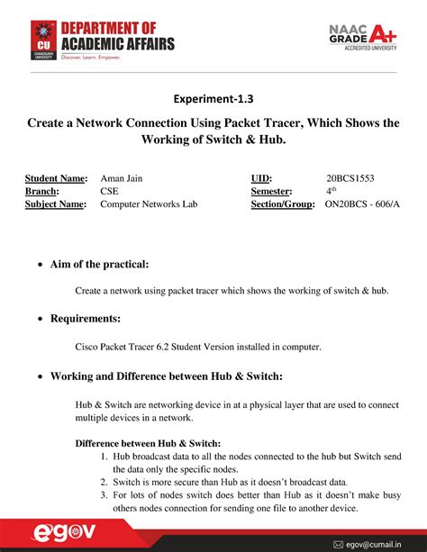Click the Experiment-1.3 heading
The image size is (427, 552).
tap(213, 99)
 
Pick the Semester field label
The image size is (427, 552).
tap(271, 191)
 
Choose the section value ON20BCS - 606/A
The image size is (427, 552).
tap(364, 204)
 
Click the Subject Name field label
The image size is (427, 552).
tap(55, 204)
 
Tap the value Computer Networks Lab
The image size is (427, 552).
tap(147, 204)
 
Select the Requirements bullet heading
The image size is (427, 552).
tap(85, 319)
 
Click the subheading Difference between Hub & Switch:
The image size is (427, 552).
tap(148, 443)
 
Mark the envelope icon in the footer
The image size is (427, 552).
tap(339, 544)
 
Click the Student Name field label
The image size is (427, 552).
tap(55, 178)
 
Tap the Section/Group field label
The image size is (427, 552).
tap(282, 204)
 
